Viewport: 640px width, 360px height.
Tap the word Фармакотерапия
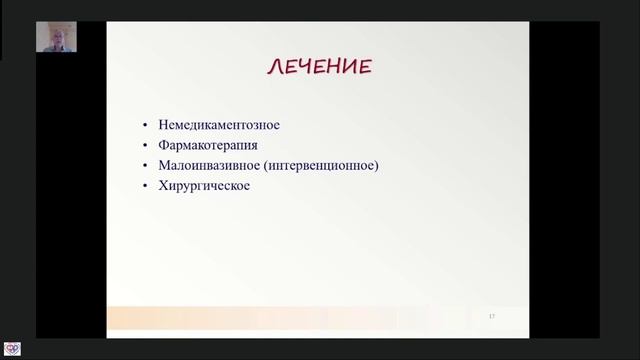(208, 145)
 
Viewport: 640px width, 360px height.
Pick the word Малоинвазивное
(208, 165)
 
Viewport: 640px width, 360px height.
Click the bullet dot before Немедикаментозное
(146, 126)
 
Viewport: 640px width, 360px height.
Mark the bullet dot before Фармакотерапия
(146, 146)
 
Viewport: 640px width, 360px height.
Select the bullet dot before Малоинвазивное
(146, 166)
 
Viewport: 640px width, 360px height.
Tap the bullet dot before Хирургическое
(146, 186)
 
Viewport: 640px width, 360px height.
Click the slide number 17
(492, 317)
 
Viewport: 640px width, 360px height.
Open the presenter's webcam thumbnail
(56, 37)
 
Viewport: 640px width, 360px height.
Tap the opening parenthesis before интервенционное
(266, 166)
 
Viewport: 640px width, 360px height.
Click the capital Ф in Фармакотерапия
(164, 145)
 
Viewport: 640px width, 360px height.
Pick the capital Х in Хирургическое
(163, 185)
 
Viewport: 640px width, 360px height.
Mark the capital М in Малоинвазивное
(164, 165)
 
